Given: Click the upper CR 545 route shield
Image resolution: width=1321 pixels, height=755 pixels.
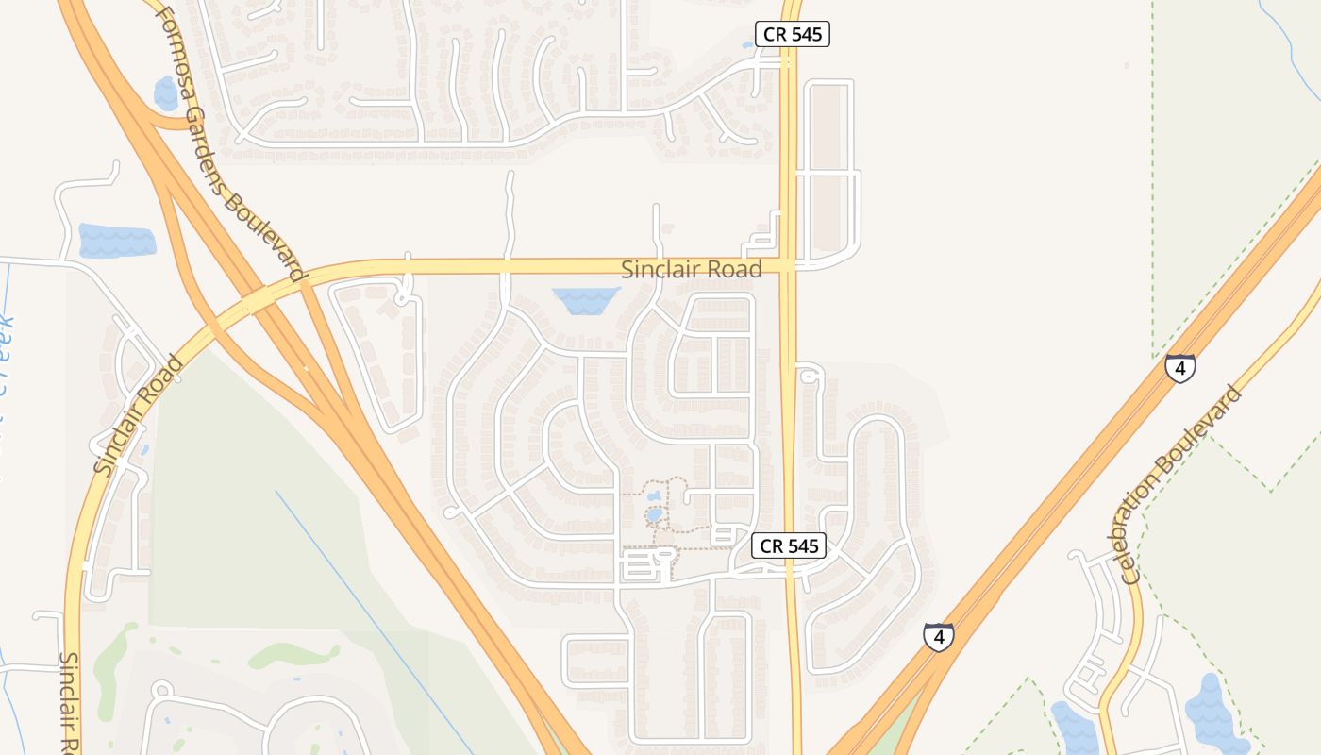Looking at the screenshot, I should coord(793,35).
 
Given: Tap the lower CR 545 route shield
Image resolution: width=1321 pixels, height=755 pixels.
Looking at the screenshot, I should coord(789,545).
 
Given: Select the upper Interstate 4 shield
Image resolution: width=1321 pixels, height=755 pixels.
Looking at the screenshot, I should coord(1179,367).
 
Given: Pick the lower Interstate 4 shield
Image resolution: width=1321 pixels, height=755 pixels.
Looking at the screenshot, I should coord(938,637).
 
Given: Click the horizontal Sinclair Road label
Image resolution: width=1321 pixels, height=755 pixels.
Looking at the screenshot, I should coord(691,270).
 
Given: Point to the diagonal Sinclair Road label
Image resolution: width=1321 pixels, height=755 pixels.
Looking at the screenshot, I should coord(138,414).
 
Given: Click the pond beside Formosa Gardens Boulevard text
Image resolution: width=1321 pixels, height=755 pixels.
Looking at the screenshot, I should coord(166,92).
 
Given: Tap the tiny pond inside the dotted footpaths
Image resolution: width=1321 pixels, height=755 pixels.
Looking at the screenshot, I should coord(654,514).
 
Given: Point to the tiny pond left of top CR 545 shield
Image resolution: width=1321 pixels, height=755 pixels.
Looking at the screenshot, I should coord(748,44).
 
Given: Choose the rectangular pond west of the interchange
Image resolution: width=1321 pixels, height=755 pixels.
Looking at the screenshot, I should coord(116,240).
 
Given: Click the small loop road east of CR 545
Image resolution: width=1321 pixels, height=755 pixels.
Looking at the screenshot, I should coord(808,376).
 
